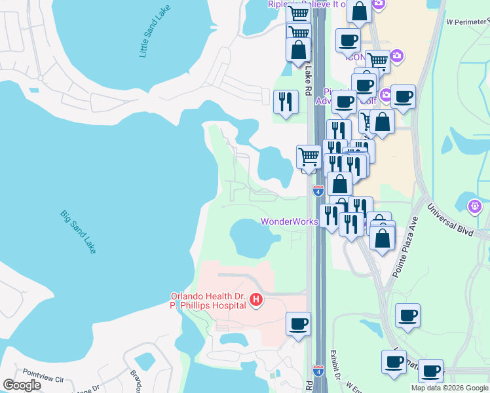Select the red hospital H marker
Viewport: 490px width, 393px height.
pos(257,301)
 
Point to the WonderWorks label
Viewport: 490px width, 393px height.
pos(289,221)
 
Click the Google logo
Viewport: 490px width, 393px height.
pos(22,385)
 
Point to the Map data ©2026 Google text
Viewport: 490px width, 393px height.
pos(449,388)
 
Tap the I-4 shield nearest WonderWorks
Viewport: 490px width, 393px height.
pos(318,191)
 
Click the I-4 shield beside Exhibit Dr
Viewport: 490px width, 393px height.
pos(318,371)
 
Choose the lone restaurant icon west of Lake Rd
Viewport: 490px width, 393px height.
pos(286,102)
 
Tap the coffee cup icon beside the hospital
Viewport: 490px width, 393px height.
pos(299,324)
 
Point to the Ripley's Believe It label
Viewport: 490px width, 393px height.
pos(308,4)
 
